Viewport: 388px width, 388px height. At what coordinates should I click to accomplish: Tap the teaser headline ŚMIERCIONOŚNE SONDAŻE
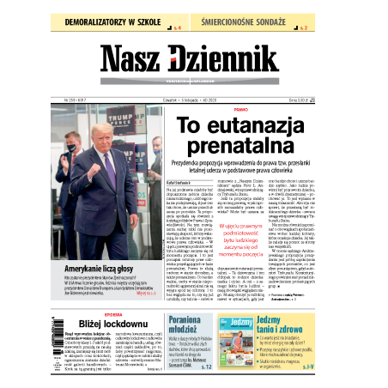tap(263, 18)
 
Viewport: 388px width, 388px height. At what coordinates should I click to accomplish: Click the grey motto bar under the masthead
tap(194, 85)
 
